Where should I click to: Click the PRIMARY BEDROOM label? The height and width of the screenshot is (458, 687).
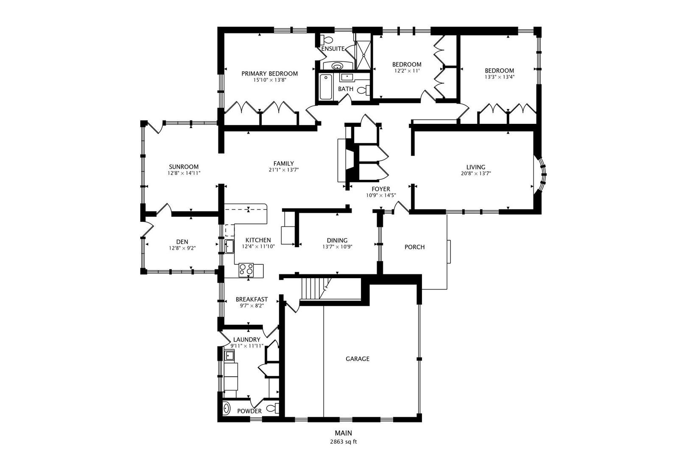(x=269, y=73)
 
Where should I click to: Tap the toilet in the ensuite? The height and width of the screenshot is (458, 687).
(x=327, y=40)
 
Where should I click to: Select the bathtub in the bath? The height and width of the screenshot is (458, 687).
(x=326, y=87)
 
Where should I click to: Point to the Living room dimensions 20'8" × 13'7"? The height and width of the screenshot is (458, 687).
(x=475, y=173)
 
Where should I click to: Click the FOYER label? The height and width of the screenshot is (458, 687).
(x=380, y=189)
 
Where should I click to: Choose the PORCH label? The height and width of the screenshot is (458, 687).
(x=414, y=247)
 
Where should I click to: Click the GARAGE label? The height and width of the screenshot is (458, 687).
(x=357, y=359)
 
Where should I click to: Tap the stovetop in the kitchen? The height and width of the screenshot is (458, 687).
(x=246, y=269)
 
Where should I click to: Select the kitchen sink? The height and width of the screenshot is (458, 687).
(x=229, y=246)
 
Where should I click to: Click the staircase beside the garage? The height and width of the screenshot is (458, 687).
(x=315, y=288)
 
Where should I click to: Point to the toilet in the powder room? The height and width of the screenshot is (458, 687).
(x=274, y=408)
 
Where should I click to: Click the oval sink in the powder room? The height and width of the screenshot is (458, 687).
(x=226, y=408)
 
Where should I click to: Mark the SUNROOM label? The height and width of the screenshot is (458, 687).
(x=183, y=167)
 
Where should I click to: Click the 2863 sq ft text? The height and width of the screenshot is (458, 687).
(x=343, y=441)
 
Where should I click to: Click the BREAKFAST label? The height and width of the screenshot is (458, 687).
(x=251, y=299)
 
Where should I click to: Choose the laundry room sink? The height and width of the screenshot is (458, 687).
(x=229, y=355)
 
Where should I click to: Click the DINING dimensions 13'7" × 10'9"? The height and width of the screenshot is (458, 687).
(x=337, y=246)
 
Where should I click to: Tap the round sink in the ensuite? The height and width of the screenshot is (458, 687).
(x=338, y=66)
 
